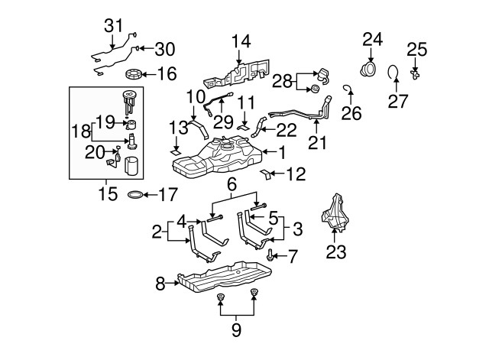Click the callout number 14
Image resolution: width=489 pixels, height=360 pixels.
tap(241, 41)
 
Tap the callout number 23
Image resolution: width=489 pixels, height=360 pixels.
tap(335, 251)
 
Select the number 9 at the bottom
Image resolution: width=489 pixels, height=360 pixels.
tap(236, 330)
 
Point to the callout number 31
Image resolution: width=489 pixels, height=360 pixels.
tap(113, 25)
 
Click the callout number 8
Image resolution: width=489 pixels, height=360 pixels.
tap(160, 284)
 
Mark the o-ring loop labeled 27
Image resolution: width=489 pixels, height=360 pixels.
tap(395, 72)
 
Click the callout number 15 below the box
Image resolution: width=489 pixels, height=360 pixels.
tap(108, 194)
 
